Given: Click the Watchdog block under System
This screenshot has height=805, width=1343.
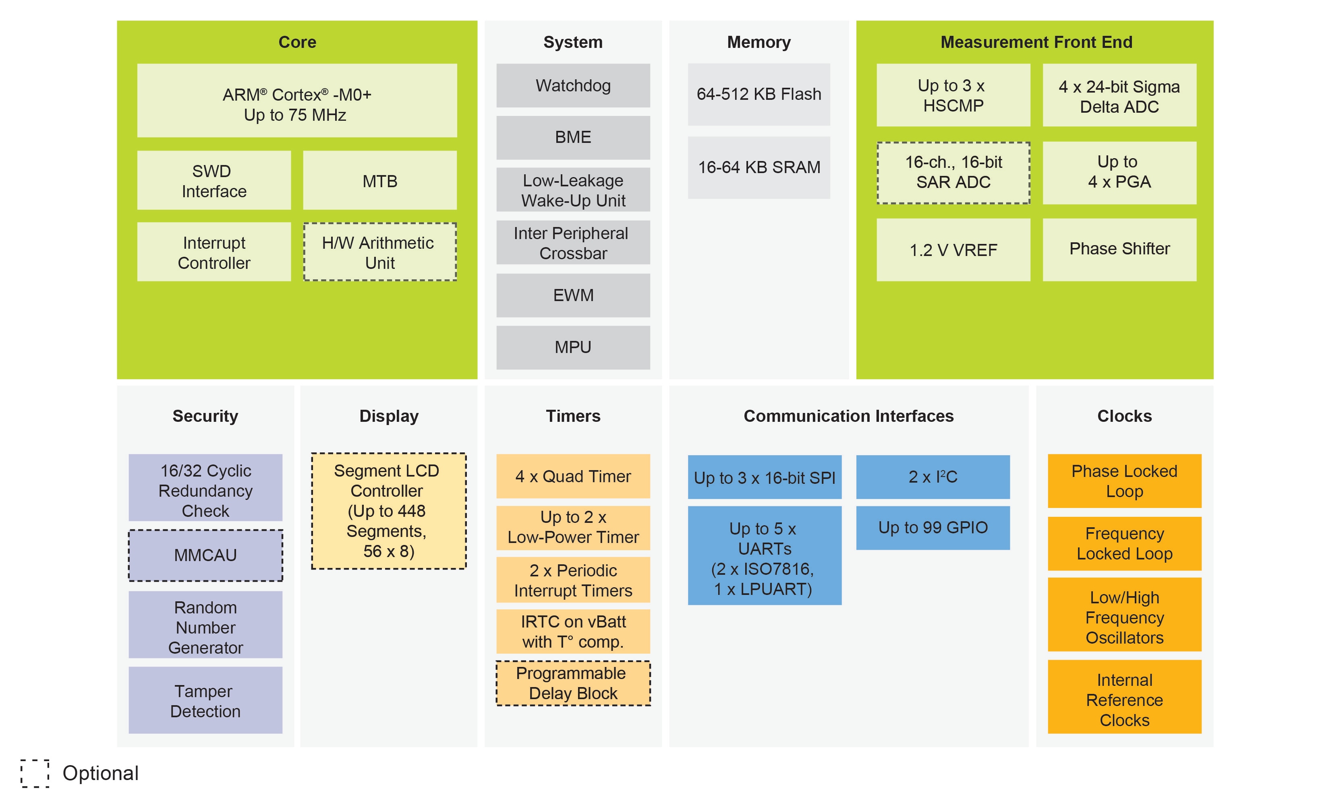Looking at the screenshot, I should pos(573,86).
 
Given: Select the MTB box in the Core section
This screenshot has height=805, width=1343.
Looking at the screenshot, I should pos(379,181).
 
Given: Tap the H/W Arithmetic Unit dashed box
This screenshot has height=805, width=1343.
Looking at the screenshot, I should pos(379,252).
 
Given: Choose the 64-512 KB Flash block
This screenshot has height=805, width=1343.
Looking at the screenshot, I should pos(759,95).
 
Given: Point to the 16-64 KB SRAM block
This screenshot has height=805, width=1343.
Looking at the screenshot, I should pos(759,167).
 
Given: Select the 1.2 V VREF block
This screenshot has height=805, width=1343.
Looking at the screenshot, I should pos(953,250).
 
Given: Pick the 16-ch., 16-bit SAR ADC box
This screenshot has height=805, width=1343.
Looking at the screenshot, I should pos(953,173).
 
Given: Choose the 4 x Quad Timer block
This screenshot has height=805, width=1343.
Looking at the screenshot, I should pos(573,476).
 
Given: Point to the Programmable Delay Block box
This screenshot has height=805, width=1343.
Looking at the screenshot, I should pos(573,683).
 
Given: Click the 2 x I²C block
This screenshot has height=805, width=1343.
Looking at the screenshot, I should pos(933,477).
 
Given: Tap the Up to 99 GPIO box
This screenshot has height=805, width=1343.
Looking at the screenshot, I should pos(933,528).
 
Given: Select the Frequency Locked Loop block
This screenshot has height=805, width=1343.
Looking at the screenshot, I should pos(1124,543).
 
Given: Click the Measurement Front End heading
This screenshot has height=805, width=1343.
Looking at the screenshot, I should pos(1036,42).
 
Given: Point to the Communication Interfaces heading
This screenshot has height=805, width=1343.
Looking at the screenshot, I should pos(848,416).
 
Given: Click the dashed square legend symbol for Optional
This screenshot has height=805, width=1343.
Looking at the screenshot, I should pos(35,773).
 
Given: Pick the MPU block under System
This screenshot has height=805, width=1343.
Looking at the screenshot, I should pos(573,347).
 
